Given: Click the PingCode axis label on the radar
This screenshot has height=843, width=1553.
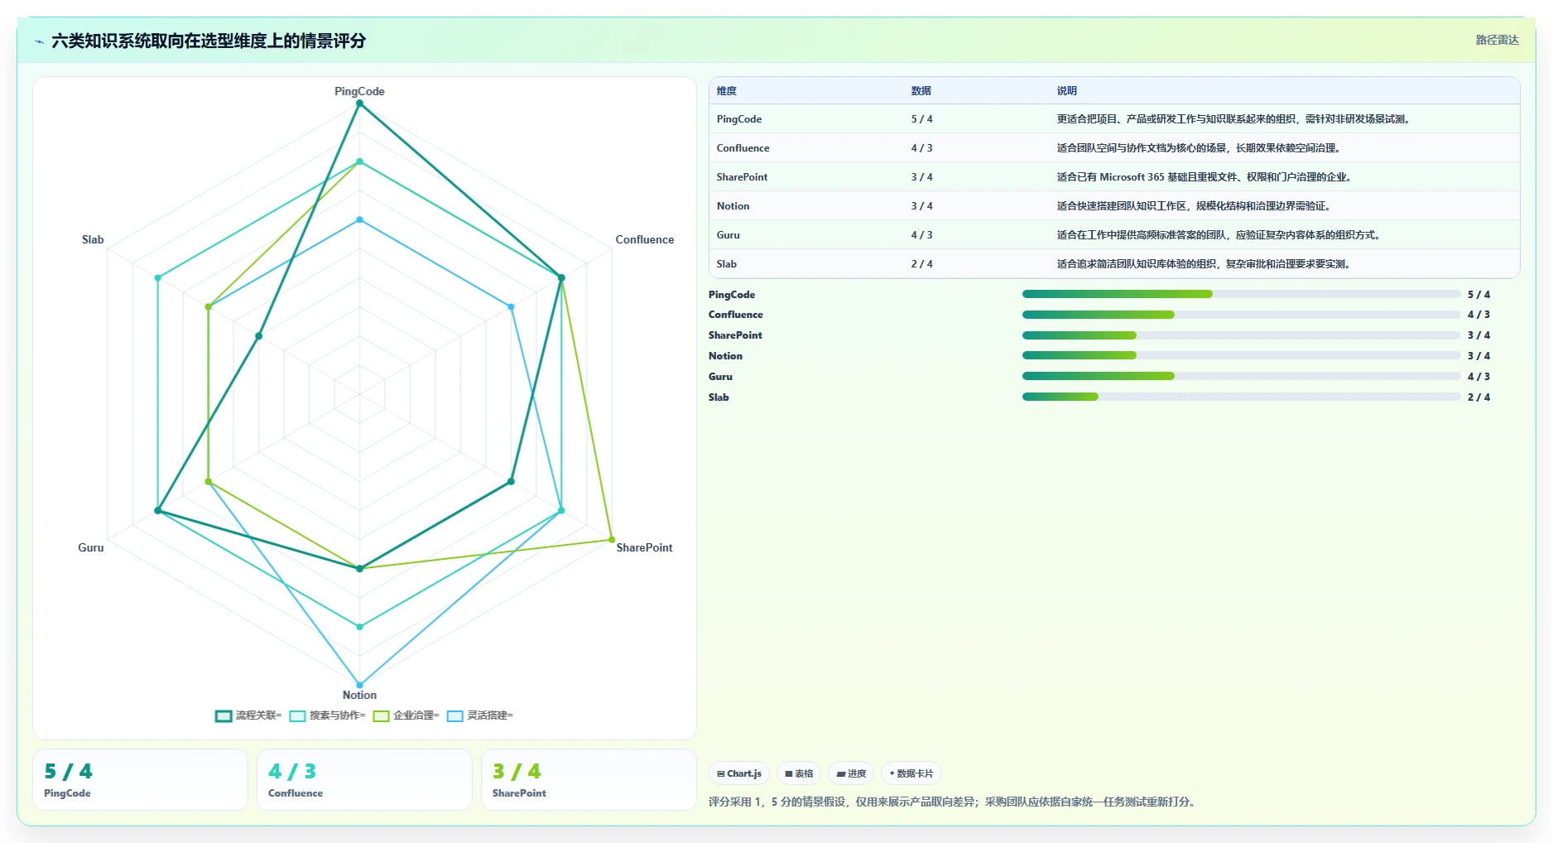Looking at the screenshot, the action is (x=359, y=91).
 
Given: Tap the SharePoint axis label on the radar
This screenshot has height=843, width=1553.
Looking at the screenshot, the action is (x=644, y=547).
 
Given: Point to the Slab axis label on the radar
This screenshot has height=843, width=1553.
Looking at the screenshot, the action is (x=93, y=239).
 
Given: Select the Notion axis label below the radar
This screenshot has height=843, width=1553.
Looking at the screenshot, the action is (x=359, y=695).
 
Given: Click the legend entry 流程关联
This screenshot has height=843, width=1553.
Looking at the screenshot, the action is (x=248, y=715).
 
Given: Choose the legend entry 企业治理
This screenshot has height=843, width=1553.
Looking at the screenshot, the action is (x=406, y=715).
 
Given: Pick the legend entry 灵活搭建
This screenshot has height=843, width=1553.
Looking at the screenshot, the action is (x=479, y=715).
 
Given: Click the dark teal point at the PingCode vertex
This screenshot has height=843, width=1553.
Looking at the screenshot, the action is (x=359, y=104).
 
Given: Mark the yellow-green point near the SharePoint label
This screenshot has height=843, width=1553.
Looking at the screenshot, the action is (x=612, y=540).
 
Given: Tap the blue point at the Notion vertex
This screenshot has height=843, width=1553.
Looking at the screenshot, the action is (x=359, y=685).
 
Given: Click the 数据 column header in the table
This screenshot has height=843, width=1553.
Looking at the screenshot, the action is (x=921, y=91).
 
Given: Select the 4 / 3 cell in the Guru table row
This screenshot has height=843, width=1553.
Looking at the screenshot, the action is (x=921, y=235).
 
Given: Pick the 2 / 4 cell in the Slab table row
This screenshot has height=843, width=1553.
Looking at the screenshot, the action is (x=921, y=264).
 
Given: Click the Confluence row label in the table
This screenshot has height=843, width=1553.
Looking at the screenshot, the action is (x=743, y=148).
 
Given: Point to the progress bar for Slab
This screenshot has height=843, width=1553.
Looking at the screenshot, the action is (x=1241, y=397).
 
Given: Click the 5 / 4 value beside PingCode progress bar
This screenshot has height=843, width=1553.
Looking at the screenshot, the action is (x=1478, y=295).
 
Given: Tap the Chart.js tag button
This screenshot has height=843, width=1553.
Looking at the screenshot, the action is (x=739, y=773).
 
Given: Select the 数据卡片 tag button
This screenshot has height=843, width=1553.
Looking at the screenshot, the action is (x=911, y=773).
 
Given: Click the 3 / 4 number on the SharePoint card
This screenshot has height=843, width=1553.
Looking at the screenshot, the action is (x=517, y=772).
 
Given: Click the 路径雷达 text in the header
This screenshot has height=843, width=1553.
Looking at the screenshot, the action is (x=1497, y=40).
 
